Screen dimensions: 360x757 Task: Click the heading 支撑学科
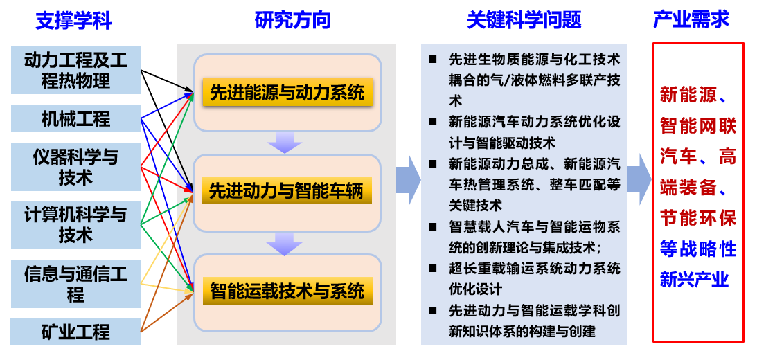click(x=73, y=21)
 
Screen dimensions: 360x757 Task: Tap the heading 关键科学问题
click(x=524, y=21)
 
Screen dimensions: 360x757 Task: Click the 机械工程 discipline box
click(x=76, y=118)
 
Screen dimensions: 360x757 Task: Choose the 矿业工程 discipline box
click(x=76, y=332)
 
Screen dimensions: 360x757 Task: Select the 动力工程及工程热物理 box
click(x=76, y=70)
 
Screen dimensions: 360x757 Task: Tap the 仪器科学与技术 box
click(x=76, y=167)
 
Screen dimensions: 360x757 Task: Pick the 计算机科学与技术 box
click(x=76, y=224)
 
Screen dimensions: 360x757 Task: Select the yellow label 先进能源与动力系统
click(x=287, y=93)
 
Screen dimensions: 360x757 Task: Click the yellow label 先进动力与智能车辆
click(x=287, y=191)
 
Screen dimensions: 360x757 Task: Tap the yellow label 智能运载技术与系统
click(x=287, y=291)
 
